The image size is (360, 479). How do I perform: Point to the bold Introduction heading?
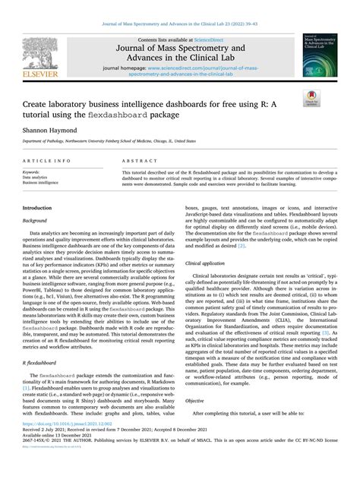pos(37,207)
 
